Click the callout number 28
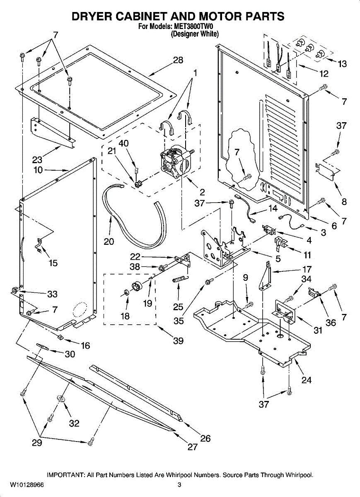click(178, 60)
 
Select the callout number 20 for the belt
click(109, 241)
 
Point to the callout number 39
click(178, 341)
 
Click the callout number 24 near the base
click(307, 379)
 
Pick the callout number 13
click(342, 64)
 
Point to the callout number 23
click(38, 159)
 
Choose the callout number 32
click(74, 423)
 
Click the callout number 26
click(205, 438)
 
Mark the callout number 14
click(273, 209)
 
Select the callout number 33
click(52, 294)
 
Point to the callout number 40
click(123, 143)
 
